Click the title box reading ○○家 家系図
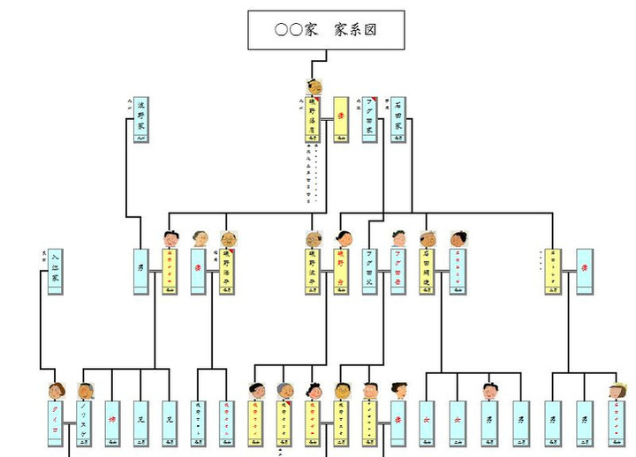[x=326, y=30]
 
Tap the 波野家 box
[x=140, y=119]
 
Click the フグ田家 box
[x=368, y=119]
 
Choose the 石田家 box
[x=398, y=119]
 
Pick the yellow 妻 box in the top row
[x=340, y=119]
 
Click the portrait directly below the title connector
[x=313, y=86]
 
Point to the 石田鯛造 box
[x=428, y=271]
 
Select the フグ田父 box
[x=369, y=271]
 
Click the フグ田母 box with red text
[x=398, y=271]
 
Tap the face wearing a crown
[x=616, y=390]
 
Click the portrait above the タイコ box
[x=57, y=390]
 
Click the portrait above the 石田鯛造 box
[x=428, y=238]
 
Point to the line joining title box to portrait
[x=326, y=56]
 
